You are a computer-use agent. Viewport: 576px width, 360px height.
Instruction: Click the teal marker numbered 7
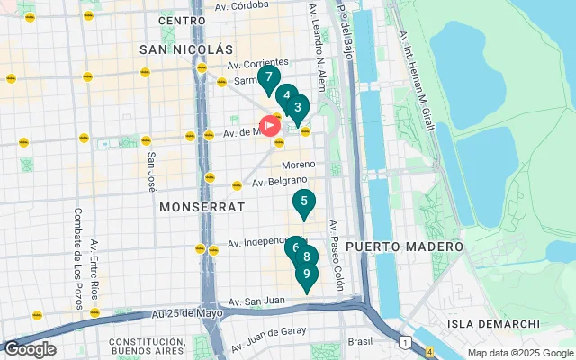tap(268, 78)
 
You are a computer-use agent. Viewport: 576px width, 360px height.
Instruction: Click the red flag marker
tap(269, 127)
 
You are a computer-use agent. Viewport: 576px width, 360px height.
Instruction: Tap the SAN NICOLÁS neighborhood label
tap(186, 48)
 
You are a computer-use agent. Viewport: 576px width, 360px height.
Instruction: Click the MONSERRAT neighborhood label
tap(202, 206)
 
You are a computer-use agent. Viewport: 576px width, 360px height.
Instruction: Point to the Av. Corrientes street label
tap(258, 65)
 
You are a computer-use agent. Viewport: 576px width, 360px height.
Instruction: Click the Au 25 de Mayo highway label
tap(187, 313)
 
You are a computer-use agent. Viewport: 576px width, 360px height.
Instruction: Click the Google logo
tap(29, 349)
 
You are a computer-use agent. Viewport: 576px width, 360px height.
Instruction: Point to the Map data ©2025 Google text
tap(520, 353)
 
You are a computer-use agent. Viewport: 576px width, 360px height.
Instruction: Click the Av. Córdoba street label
tap(242, 4)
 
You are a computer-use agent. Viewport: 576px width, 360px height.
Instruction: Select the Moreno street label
tap(299, 165)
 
